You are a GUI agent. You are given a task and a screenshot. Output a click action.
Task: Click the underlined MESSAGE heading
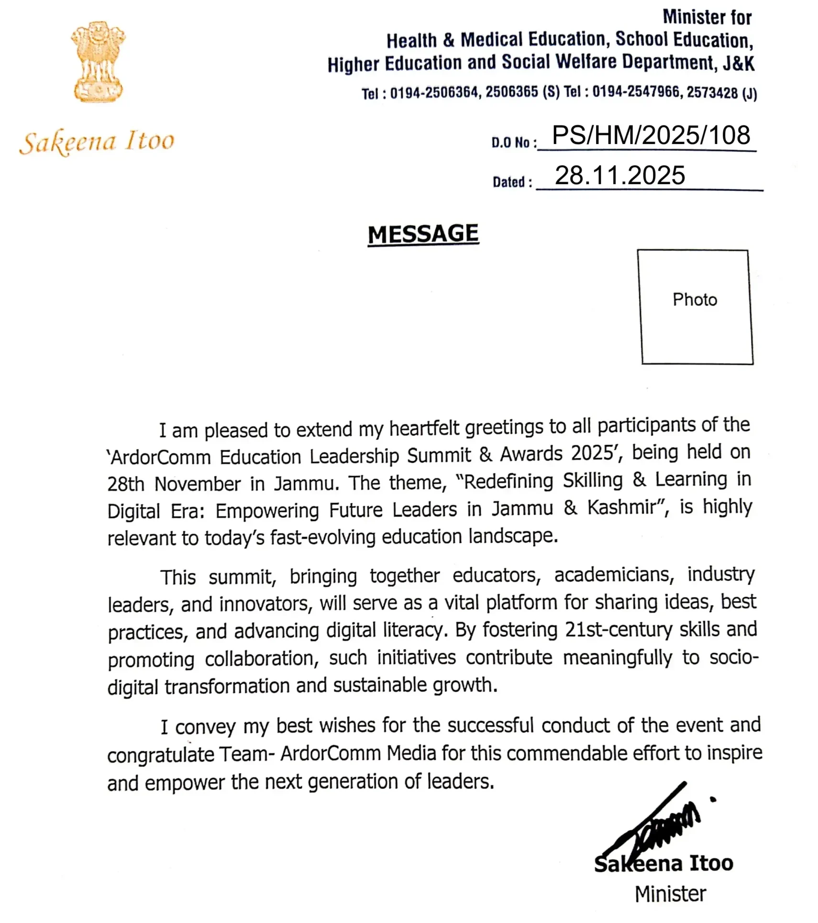(x=423, y=234)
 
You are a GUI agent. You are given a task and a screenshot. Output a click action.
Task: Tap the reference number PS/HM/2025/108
(x=651, y=135)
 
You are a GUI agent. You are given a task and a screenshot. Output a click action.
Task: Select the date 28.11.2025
(x=620, y=176)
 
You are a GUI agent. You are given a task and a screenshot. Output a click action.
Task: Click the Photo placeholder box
(x=695, y=307)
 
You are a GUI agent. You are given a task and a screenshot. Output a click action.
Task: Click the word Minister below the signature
(x=670, y=894)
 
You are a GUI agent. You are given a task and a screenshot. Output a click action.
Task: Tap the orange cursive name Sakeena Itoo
(x=97, y=142)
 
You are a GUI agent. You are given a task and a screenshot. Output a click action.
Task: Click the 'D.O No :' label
(x=513, y=143)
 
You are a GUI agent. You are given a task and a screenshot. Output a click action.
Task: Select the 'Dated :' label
(x=512, y=182)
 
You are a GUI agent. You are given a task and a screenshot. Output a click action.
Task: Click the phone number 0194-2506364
(x=434, y=93)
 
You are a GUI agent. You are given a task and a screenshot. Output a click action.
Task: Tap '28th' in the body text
(x=125, y=484)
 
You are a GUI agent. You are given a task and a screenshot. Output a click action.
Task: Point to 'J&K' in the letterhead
(x=739, y=63)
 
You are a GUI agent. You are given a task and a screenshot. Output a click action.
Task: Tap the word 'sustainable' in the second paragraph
(x=381, y=685)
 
